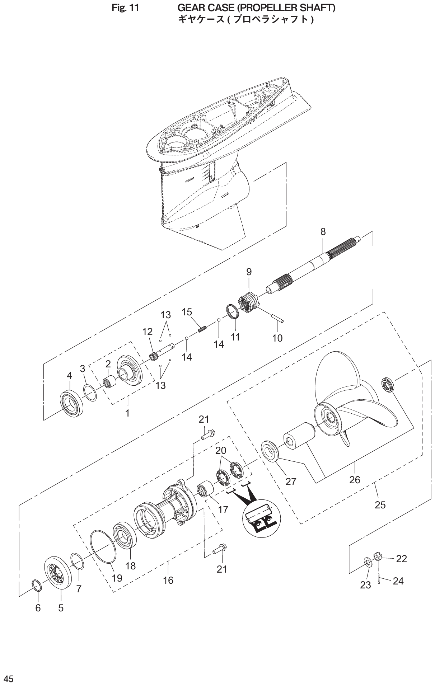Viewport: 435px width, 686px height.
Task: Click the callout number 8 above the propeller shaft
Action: point(323,232)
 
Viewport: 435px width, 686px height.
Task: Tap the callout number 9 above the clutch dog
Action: point(249,272)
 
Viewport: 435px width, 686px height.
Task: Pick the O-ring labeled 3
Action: point(90,393)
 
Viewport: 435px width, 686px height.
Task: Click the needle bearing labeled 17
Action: point(206,490)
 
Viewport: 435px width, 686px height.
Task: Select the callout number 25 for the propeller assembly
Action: point(380,505)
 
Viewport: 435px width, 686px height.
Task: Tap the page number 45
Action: point(9,679)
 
